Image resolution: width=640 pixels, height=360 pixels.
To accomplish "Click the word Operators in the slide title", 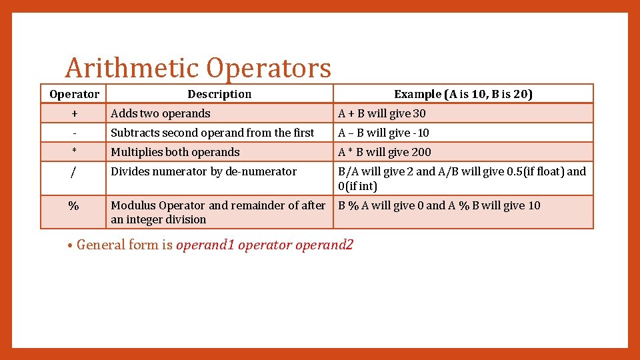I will pos(269,68).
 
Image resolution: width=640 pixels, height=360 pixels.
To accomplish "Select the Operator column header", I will pos(74,94).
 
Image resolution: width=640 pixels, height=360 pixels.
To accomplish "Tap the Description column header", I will pos(219,94).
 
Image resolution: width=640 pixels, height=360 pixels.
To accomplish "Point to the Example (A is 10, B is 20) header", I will pos(463,94).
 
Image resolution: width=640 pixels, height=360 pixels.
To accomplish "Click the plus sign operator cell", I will pos(74,113).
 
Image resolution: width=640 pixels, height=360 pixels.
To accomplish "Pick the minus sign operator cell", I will pos(74,133).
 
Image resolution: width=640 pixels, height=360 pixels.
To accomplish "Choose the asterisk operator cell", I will pos(74,151).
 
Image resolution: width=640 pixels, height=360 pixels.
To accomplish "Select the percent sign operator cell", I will pos(74,206).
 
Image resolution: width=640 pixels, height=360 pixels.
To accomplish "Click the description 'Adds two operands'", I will pos(161,113).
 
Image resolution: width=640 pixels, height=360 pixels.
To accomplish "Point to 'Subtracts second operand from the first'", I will pos(212,133).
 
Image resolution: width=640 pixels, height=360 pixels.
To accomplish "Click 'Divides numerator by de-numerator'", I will pos(203,171).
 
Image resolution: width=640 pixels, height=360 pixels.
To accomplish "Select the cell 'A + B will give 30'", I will pos(382,113).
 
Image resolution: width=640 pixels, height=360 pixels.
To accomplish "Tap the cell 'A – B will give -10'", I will pos(384,133).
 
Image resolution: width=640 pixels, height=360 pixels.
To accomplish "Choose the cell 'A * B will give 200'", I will pos(385,152).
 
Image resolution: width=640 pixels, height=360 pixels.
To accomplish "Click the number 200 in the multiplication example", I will pos(421,152).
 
